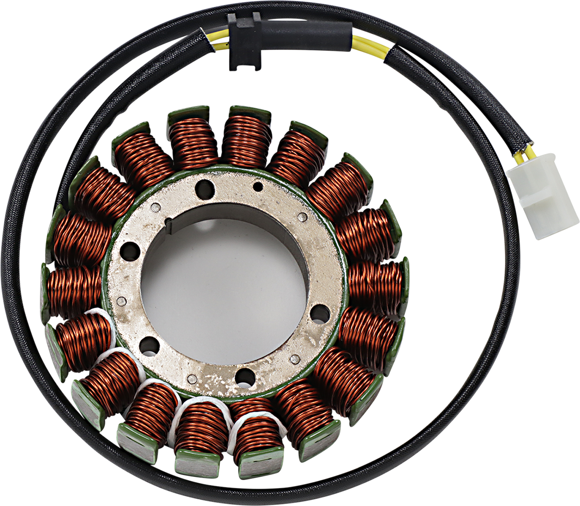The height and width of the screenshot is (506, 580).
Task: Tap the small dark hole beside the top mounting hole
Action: click(259, 187)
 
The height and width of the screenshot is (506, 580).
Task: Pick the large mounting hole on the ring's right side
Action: click(319, 314)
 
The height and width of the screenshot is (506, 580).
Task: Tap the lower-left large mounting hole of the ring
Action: click(149, 345)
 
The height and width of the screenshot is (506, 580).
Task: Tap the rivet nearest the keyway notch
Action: click(155, 208)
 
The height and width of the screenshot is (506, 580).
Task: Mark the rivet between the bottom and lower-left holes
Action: click(192, 379)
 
